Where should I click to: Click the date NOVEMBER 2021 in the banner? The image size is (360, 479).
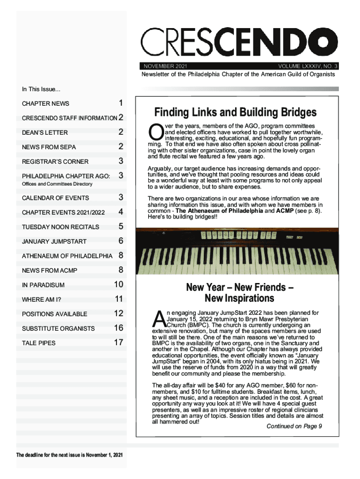163,66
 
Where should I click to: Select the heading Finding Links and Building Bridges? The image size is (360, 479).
236,113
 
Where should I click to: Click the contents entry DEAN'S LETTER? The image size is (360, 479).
45,132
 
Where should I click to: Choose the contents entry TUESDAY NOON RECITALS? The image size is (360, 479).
60,227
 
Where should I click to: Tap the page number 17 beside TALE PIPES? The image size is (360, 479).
118,342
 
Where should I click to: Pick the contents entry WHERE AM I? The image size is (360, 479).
42,299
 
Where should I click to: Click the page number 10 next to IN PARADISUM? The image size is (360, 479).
118,284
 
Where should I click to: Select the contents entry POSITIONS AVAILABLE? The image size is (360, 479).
54,314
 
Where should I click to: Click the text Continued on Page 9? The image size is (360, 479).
294,426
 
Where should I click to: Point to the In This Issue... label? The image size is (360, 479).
41,89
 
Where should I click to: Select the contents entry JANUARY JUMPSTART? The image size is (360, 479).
54,241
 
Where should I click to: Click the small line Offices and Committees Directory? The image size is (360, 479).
57,184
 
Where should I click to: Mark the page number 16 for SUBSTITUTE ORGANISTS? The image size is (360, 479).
118,328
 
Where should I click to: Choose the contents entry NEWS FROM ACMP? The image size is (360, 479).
50,270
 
